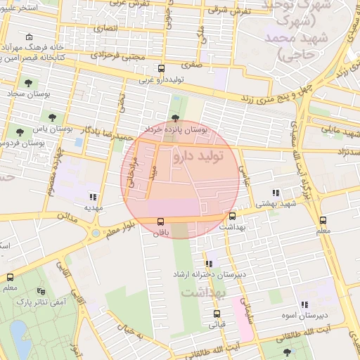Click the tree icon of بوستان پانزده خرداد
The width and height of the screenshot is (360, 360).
click(x=175, y=118)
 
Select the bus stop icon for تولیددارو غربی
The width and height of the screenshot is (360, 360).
click(x=162, y=69)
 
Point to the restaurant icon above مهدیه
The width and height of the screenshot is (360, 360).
click(x=94, y=197)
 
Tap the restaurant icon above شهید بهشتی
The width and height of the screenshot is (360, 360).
click(x=276, y=192)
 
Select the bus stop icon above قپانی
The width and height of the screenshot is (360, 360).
click(x=216, y=314)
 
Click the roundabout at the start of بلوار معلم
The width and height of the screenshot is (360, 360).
click(x=96, y=233)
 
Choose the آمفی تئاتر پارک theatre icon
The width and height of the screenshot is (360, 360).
click(x=40, y=291)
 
